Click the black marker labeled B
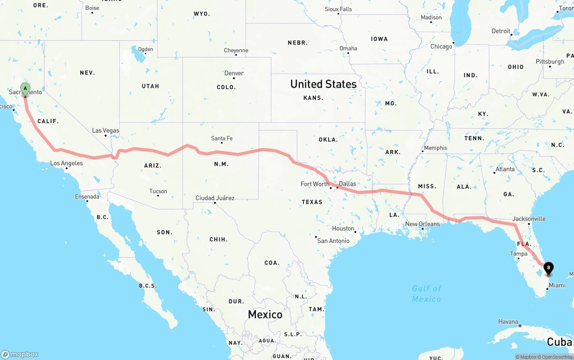(548, 269)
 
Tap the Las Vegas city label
(105, 130)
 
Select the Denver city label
(234, 73)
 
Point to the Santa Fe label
(222, 139)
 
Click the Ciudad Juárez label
(215, 198)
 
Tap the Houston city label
(343, 229)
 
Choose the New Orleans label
(422, 224)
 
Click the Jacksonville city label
(529, 219)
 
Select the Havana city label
(509, 322)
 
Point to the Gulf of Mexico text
(426, 294)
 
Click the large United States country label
(323, 84)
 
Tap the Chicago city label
(441, 47)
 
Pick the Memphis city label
(435, 148)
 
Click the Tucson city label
(158, 191)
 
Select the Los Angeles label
(66, 163)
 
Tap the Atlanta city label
(505, 169)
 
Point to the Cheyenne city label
(236, 51)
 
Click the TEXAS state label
(312, 202)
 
